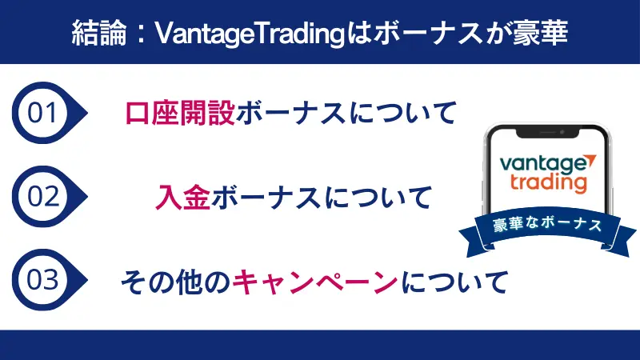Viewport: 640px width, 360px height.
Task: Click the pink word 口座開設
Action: pyautogui.click(x=181, y=113)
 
